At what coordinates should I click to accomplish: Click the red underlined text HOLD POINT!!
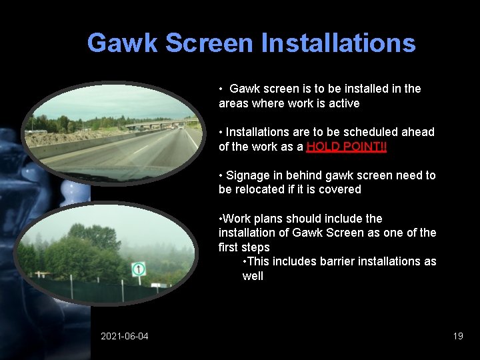pos(347,147)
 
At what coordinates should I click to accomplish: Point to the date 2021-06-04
pos(125,336)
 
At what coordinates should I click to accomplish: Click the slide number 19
pos(458,336)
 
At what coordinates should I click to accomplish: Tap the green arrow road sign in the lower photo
pos(139,269)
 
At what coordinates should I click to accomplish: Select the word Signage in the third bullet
pos(247,175)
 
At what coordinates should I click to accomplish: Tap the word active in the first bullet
pos(343,103)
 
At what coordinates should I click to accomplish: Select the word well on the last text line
pos(253,276)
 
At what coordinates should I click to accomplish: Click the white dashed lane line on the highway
pos(139,151)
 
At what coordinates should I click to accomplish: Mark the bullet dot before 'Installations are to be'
pos(221,132)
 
